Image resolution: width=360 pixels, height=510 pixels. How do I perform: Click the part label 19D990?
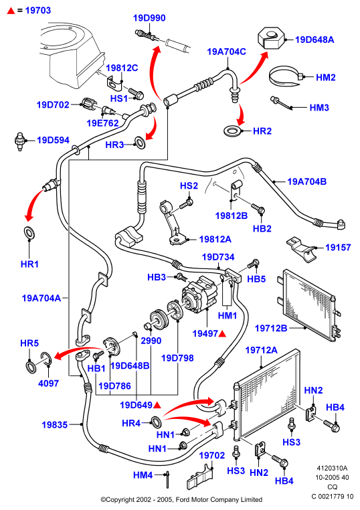[149, 18]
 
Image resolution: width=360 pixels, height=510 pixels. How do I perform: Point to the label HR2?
[262, 131]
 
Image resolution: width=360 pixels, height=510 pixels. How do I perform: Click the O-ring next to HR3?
[140, 142]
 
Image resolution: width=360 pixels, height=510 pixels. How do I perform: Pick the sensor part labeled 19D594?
[21, 141]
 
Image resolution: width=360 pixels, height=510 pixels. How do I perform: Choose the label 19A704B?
[306, 181]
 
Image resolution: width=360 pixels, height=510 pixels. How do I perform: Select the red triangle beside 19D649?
[157, 405]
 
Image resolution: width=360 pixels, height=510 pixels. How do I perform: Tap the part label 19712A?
[262, 350]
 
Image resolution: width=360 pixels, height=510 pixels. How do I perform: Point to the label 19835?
[55, 425]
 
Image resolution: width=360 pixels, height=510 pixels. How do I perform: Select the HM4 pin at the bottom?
[168, 479]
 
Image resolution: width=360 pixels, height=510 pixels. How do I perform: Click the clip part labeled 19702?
[201, 477]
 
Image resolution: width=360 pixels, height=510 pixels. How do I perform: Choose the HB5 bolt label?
[256, 279]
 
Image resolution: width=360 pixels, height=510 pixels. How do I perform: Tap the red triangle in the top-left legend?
[11, 11]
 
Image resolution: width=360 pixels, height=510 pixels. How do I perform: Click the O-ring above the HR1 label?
[29, 232]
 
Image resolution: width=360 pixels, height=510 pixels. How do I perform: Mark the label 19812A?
[215, 240]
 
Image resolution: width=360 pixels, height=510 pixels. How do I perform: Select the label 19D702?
[53, 104]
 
